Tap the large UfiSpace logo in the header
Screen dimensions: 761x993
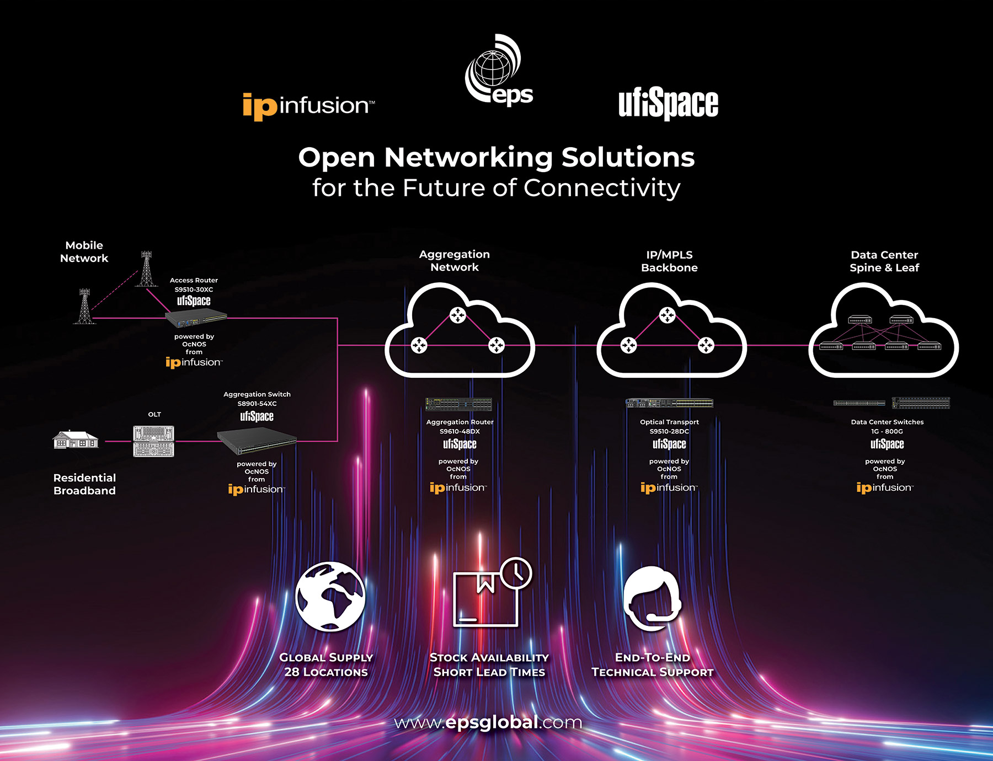tap(668, 104)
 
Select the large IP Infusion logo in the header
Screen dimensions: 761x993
tap(308, 105)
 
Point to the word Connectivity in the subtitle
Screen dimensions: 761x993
tap(602, 188)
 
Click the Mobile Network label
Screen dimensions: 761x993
tap(84, 252)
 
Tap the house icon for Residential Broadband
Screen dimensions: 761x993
tap(76, 440)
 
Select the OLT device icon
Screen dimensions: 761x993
tap(153, 441)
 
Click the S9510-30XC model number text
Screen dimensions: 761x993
tap(194, 290)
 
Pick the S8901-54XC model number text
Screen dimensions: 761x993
tap(257, 404)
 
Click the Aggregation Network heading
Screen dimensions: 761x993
tap(455, 261)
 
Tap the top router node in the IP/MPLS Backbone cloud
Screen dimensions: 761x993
tap(668, 315)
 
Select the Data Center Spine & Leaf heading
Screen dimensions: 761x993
tap(884, 261)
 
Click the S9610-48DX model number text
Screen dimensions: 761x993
tap(460, 431)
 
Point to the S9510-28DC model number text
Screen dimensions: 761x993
tap(669, 431)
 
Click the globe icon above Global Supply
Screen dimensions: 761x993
tap(330, 596)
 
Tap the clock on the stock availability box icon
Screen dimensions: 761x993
tap(516, 574)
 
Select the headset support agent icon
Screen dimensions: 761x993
tap(653, 598)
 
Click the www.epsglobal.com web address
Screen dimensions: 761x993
tap(488, 722)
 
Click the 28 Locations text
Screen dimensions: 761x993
tap(326, 672)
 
